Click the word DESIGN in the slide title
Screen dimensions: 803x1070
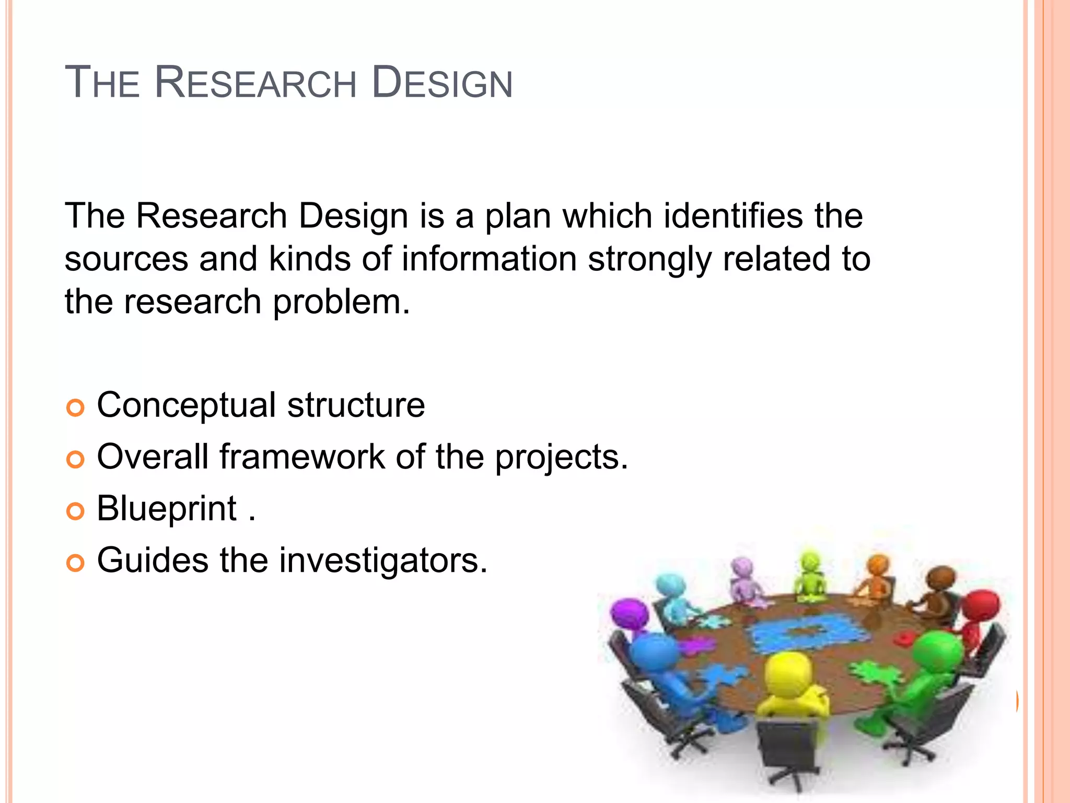[442, 83]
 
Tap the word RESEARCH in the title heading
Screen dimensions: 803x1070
[255, 83]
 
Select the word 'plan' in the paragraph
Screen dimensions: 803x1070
[518, 216]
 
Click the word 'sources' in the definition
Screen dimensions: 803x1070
[126, 259]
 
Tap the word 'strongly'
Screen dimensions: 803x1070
[649, 260]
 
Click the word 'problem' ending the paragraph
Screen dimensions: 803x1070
[341, 303]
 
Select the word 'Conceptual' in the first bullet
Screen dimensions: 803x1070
[186, 406]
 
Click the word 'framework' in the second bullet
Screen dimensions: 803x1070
[301, 456]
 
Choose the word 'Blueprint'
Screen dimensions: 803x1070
[167, 509]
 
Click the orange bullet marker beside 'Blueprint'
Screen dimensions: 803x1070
[75, 511]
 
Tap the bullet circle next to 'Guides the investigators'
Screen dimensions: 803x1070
[75, 563]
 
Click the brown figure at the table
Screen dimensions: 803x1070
[938, 591]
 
